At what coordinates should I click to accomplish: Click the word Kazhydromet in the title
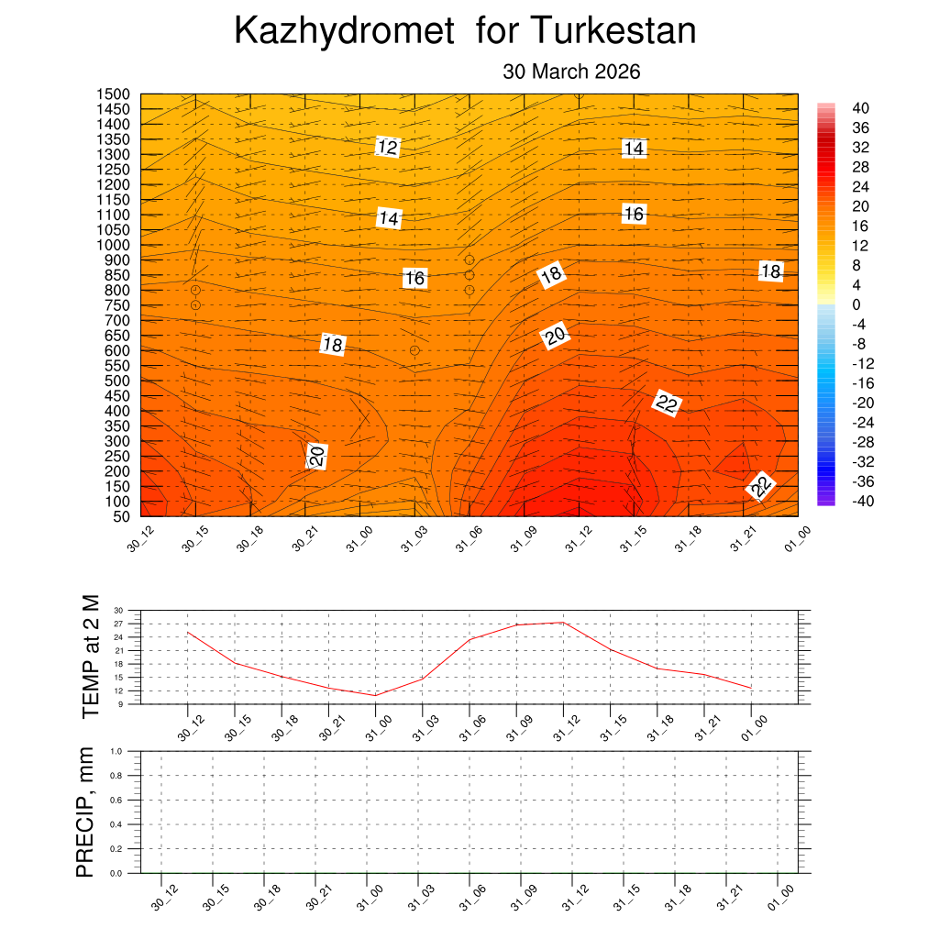click(344, 32)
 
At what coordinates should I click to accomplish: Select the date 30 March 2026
click(571, 72)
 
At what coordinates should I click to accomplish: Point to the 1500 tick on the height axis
click(115, 94)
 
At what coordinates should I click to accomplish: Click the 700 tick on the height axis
click(118, 320)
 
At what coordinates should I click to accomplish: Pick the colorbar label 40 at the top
click(860, 108)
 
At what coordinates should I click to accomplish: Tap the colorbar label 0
click(856, 304)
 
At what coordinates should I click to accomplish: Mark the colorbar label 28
click(860, 167)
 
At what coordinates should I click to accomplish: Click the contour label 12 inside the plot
click(388, 147)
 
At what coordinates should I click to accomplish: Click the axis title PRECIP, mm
click(85, 812)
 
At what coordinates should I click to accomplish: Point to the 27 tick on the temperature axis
click(118, 624)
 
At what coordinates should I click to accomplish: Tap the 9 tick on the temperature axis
click(120, 703)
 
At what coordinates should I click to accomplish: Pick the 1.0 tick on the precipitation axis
click(116, 751)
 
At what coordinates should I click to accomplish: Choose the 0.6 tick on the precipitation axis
click(116, 800)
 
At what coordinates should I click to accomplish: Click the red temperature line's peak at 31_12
click(562, 623)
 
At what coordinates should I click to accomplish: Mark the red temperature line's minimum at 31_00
click(374, 695)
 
